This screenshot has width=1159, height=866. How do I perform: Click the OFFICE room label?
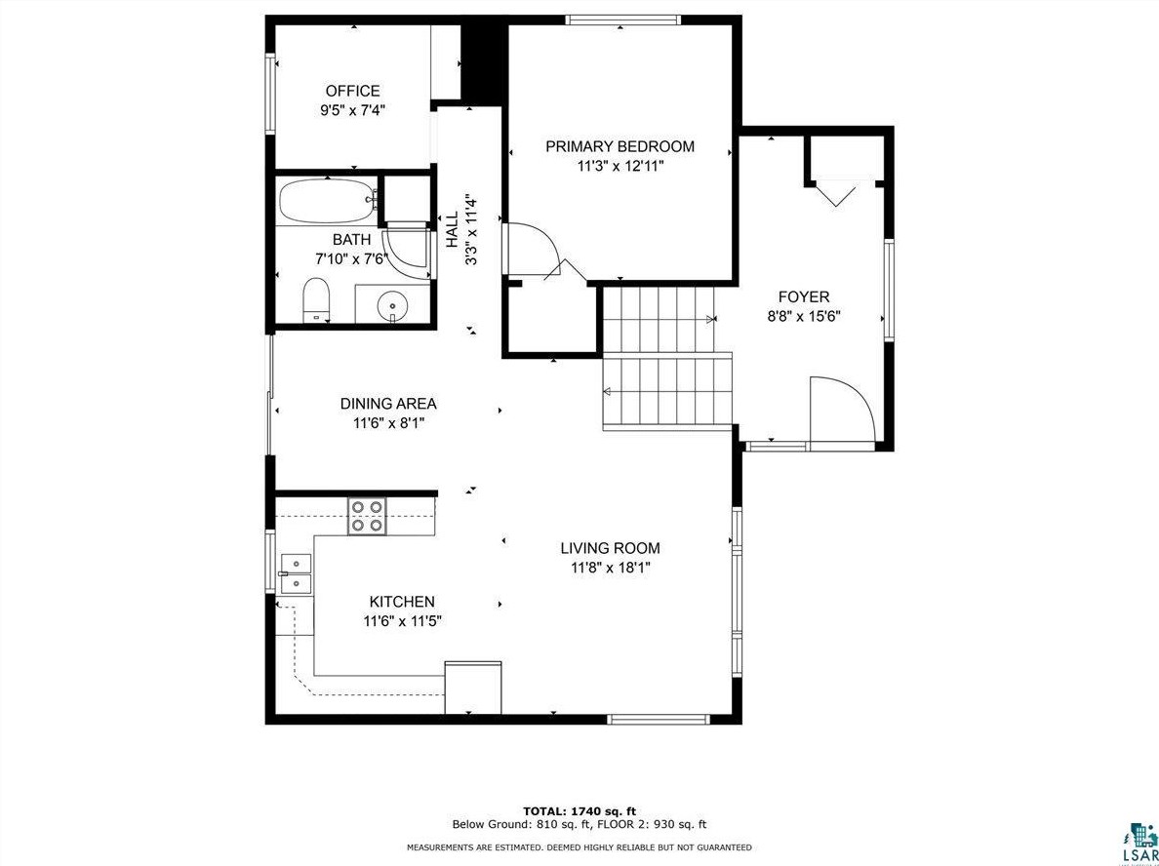[x=352, y=92]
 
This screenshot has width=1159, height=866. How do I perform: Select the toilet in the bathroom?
[x=316, y=299]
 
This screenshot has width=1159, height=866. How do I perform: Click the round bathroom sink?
[x=391, y=303]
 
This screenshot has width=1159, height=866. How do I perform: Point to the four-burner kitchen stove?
[x=368, y=516]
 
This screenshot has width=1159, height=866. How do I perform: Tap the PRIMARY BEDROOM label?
[x=619, y=146]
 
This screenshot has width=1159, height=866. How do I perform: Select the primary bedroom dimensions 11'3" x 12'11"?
[x=620, y=166]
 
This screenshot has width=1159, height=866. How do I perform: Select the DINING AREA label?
[x=388, y=404]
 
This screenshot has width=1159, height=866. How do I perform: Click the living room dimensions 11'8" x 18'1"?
[x=610, y=569]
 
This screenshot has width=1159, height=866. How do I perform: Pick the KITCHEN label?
[x=402, y=602]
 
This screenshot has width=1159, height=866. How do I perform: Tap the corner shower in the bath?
[x=407, y=246]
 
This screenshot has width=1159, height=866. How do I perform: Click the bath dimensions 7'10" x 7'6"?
[x=351, y=258]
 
